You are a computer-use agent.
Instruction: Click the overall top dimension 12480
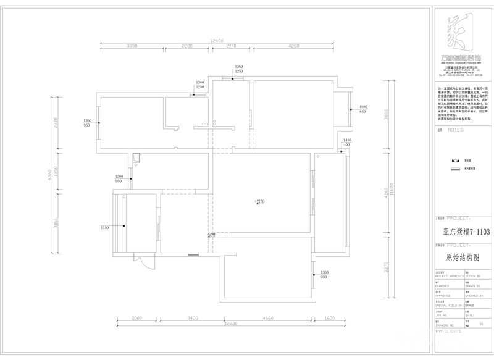[x=216, y=41]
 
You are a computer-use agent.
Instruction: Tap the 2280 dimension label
[x=187, y=46]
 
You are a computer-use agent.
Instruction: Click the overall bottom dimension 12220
[x=230, y=324]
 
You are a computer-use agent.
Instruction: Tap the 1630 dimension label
[x=329, y=318]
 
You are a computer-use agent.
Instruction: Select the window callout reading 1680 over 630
[x=363, y=110]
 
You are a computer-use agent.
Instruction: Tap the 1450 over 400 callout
[x=347, y=143]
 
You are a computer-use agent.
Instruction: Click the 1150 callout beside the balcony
[x=104, y=228]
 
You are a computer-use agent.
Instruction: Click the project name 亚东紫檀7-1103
[x=458, y=232]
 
